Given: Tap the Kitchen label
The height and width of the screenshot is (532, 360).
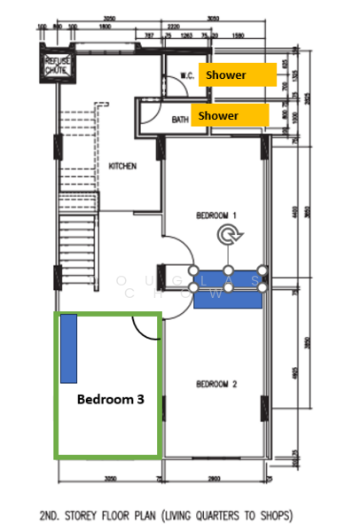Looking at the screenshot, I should pos(121,166).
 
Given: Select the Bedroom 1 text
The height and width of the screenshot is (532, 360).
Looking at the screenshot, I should pos(217,215).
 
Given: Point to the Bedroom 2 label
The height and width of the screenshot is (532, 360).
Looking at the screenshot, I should pos(216,384).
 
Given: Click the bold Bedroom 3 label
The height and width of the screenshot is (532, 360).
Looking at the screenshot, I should pos(110,400).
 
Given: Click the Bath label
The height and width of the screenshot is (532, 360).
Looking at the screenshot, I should pos(181,119).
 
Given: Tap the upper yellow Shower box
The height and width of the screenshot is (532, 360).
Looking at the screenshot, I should pos(231,75).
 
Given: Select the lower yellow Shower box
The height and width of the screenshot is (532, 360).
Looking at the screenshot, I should pos(230,115).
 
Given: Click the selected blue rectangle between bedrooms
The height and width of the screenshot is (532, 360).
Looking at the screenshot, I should pos(228,287).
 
